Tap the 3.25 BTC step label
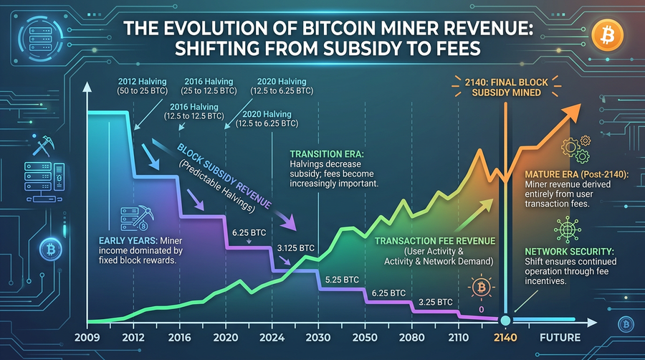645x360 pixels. [x=435, y=300]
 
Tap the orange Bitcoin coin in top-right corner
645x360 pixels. [x=606, y=32]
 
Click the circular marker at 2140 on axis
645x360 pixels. [x=506, y=320]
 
